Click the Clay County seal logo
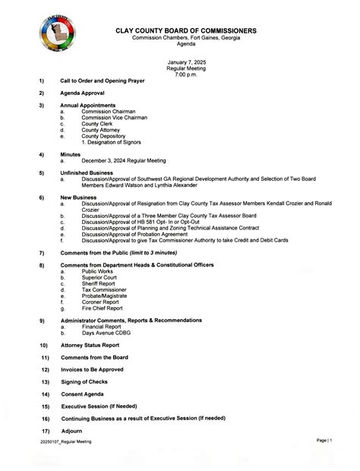tap(57, 36)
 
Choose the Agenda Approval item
tap(87, 92)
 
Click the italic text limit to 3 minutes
tap(154, 251)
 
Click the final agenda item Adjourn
tap(71, 431)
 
